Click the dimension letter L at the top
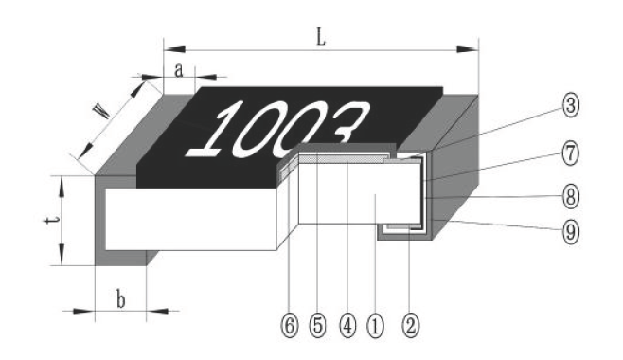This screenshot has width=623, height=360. tap(321, 38)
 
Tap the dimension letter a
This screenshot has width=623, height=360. tap(179, 71)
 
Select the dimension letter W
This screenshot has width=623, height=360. tap(102, 111)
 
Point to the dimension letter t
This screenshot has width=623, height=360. tap(52, 220)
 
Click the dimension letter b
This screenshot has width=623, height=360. tap(121, 299)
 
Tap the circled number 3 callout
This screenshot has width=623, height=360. tap(571, 105)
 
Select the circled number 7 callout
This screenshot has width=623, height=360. tap(571, 153)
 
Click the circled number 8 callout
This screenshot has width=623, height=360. tap(571, 197)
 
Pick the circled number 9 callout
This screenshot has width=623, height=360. tap(571, 232)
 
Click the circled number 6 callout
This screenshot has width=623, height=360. tap(290, 326)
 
